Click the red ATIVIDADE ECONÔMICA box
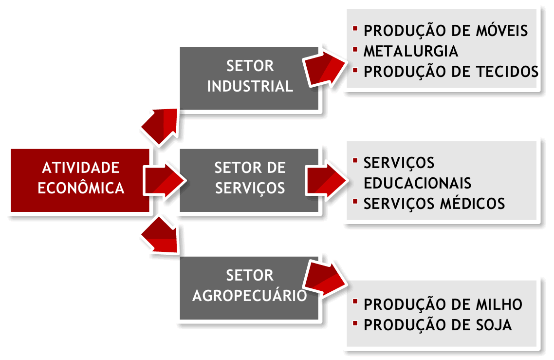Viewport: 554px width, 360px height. [x=80, y=180]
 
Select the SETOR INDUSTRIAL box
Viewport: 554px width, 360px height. [x=249, y=77]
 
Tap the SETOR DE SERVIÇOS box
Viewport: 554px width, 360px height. [x=249, y=180]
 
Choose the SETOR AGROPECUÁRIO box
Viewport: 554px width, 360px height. [x=249, y=287]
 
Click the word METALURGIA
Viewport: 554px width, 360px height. [x=411, y=51]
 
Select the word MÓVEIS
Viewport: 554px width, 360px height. [x=501, y=31]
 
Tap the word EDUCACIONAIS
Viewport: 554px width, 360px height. [x=417, y=183]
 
